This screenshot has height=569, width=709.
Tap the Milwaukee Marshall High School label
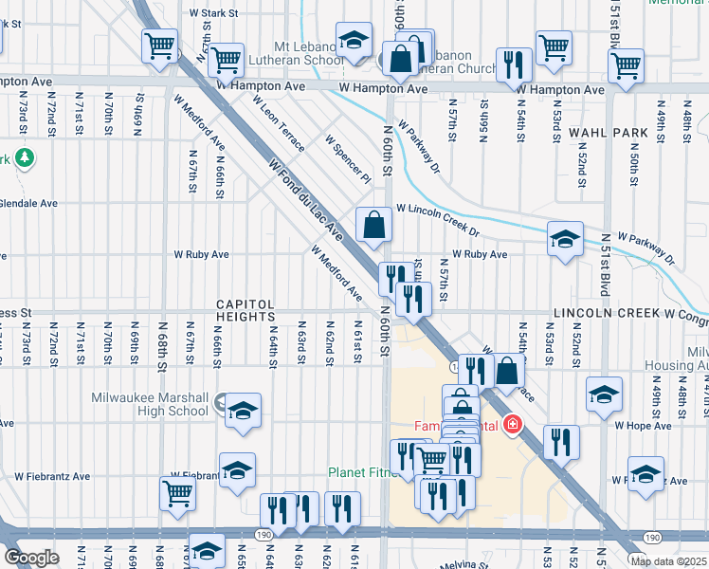click(153, 404)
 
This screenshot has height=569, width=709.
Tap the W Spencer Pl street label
click(347, 158)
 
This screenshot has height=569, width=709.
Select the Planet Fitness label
click(360, 472)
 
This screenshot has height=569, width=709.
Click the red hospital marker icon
click(513, 424)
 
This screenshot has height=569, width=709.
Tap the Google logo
click(31, 558)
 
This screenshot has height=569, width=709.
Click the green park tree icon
click(24, 157)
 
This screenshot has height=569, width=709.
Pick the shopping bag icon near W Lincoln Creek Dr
click(374, 226)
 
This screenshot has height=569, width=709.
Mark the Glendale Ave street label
click(28, 203)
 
